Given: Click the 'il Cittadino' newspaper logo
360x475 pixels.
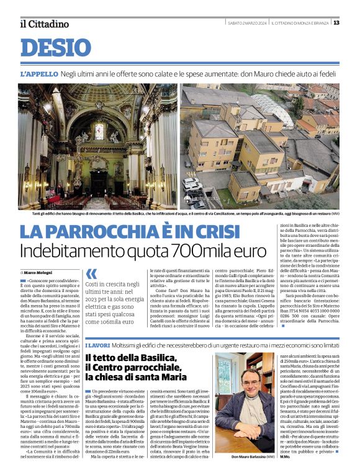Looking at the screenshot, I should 44,24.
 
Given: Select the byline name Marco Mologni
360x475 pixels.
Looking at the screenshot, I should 38,272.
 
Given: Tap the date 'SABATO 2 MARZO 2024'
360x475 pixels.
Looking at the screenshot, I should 248,23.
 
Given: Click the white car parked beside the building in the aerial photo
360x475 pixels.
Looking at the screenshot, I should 191,185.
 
